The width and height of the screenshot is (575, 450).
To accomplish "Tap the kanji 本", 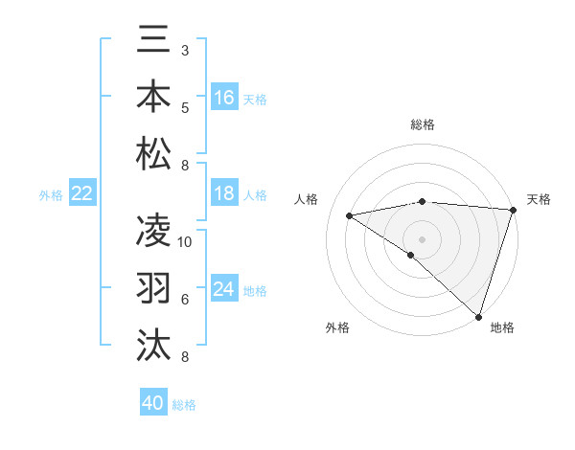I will [154, 96].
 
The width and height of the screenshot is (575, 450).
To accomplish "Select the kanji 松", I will [154, 153].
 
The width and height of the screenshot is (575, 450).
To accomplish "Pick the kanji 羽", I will [154, 286].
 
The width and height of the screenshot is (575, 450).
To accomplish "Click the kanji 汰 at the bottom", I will [154, 344].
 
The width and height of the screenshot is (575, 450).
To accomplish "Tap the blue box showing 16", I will [224, 97].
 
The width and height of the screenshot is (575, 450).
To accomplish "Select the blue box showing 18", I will [224, 193].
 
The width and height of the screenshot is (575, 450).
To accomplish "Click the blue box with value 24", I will [224, 289].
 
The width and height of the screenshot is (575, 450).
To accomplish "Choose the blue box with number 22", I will [82, 193].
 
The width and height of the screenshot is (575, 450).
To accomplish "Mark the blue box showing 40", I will [153, 403].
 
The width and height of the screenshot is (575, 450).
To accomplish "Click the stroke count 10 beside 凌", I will [185, 242].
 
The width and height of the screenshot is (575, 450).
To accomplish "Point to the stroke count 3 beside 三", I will [185, 50].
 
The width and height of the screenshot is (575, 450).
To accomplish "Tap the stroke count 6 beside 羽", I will [185, 300].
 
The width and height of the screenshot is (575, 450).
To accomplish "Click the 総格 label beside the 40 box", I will [184, 405].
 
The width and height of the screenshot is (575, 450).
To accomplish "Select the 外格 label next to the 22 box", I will [51, 195].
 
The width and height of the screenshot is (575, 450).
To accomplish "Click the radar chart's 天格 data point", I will [513, 210].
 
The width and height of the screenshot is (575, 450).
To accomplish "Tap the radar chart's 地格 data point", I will [478, 316].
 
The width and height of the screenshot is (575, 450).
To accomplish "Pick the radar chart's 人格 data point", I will [350, 215].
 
